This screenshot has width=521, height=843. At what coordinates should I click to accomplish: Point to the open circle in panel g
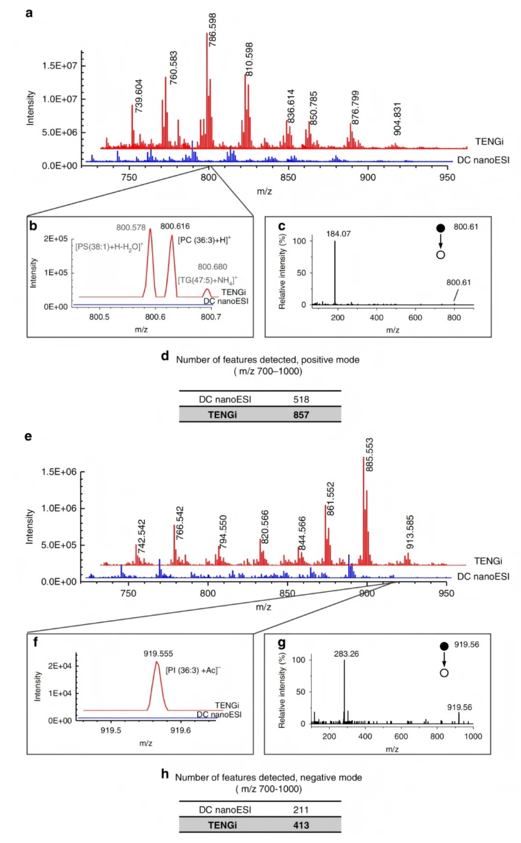444,673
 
